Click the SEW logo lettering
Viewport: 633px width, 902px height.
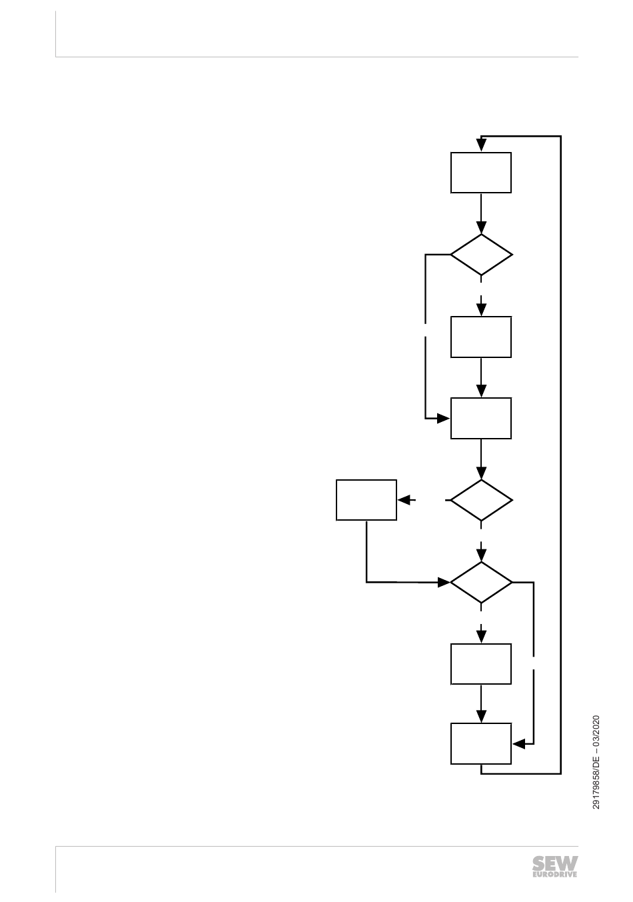(x=554, y=863)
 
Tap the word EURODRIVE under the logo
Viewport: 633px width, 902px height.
(x=554, y=873)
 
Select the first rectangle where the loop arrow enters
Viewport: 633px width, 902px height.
(x=480, y=173)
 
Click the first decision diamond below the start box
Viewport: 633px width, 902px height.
(x=481, y=255)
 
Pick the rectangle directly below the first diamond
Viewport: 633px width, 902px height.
(x=480, y=337)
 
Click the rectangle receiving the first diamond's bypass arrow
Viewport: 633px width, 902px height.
(x=480, y=418)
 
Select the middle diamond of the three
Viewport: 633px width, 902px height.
(x=481, y=500)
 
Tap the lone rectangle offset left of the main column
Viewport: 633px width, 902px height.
(x=366, y=499)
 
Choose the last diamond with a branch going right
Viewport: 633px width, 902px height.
(x=481, y=582)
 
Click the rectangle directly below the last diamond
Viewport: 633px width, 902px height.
(x=480, y=664)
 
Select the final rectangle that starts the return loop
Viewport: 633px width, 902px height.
(x=480, y=743)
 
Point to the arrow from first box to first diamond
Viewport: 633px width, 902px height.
(x=481, y=213)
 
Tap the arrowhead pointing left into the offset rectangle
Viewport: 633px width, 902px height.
(x=403, y=499)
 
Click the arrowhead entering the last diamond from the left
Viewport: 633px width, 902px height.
(x=444, y=582)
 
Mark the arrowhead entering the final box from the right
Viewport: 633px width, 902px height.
(x=518, y=743)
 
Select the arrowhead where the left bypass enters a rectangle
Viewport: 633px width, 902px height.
(x=444, y=419)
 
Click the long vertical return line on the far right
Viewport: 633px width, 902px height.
(x=561, y=453)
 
